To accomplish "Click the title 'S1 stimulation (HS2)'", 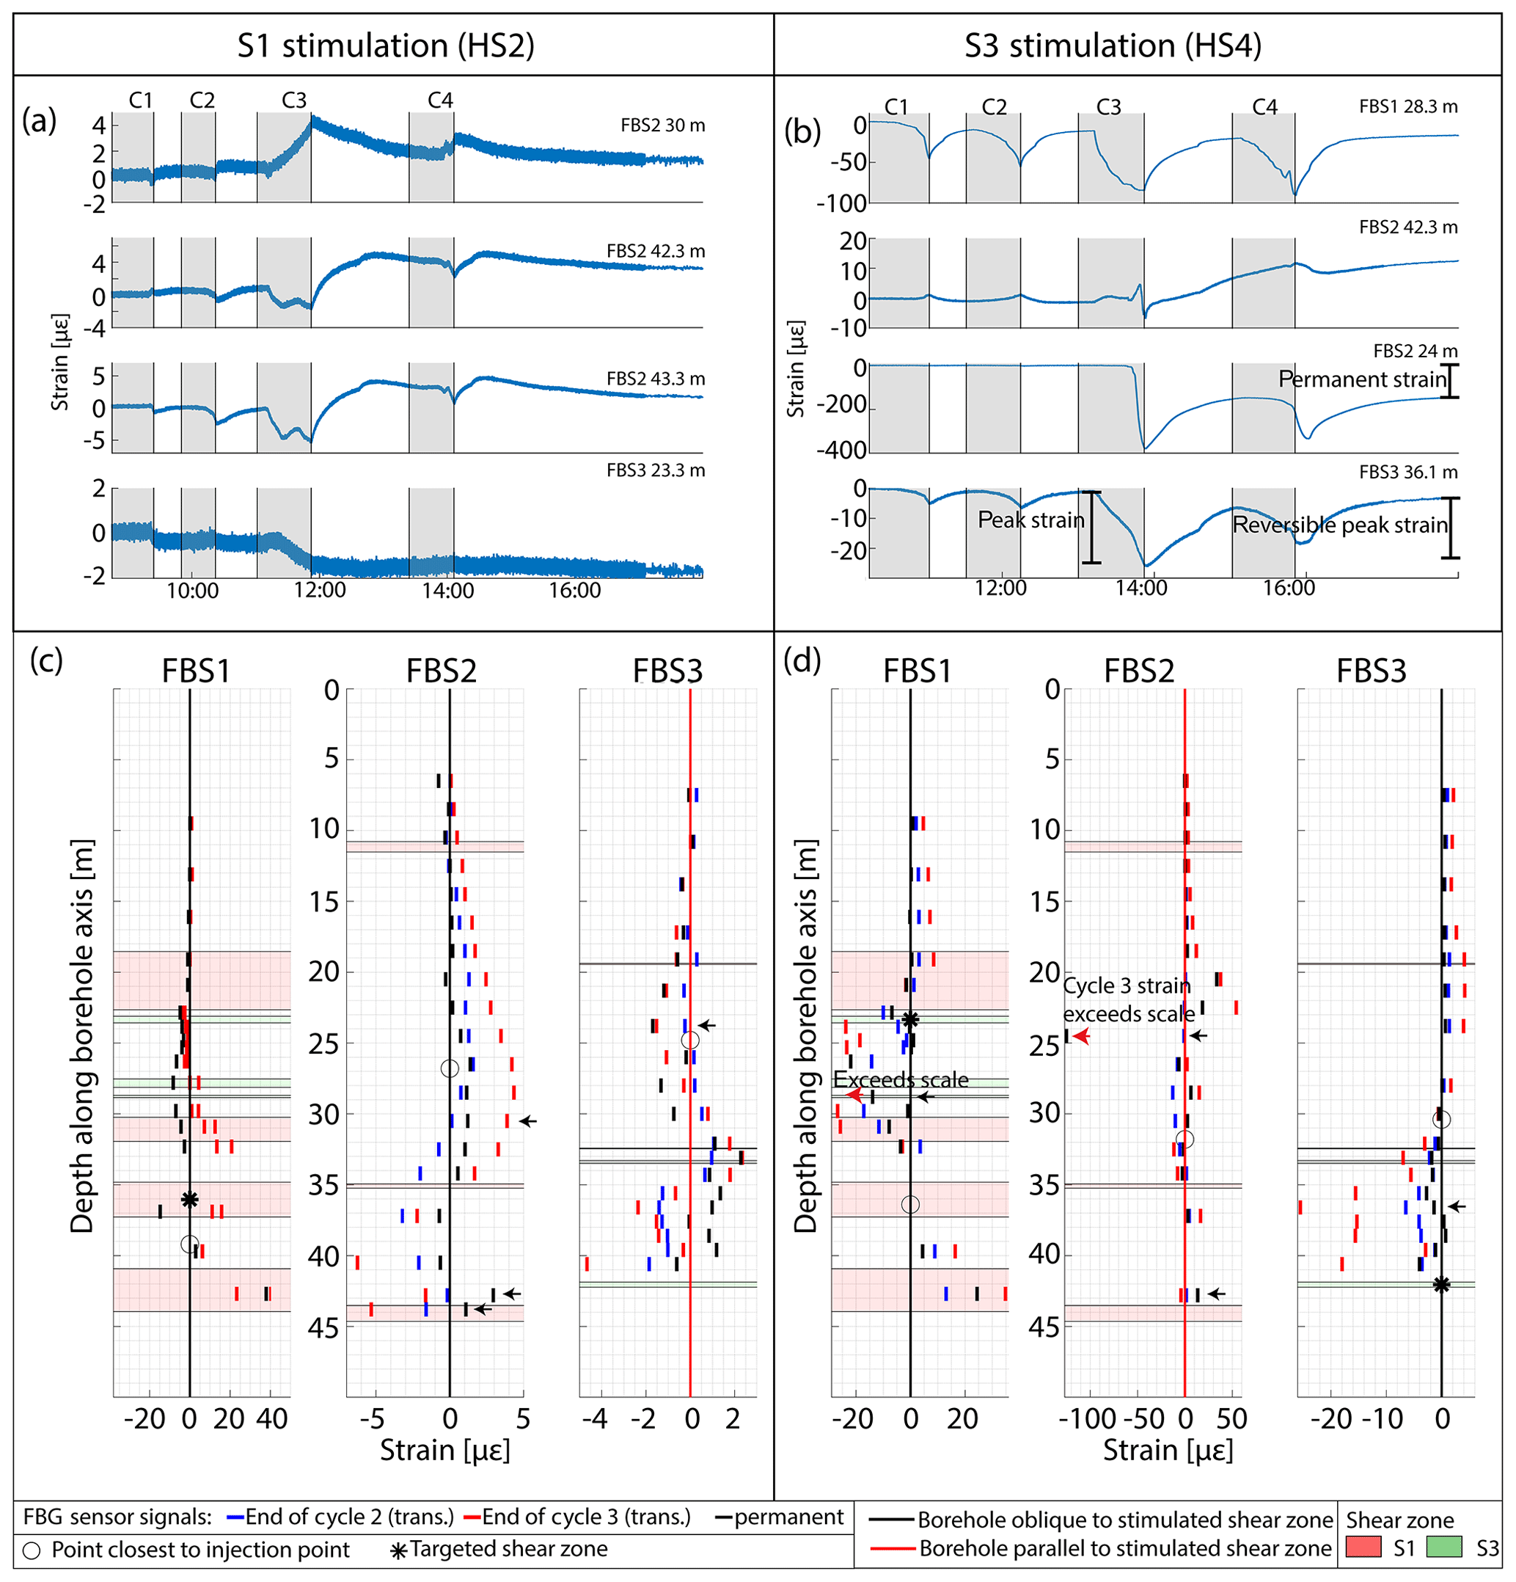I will click(386, 46).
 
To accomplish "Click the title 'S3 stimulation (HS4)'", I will click(1113, 46).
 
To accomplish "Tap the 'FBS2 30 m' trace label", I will click(662, 125).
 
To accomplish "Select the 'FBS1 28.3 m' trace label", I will click(1408, 106).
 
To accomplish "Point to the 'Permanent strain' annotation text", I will click(1363, 379).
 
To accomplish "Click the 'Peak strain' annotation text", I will click(1030, 520).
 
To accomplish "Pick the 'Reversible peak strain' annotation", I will click(1340, 525).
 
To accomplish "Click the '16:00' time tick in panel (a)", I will click(574, 591).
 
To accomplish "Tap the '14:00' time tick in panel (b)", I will click(1140, 588).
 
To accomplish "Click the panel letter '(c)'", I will click(46, 660).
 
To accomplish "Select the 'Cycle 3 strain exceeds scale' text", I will click(1128, 999).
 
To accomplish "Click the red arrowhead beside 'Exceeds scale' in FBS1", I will click(854, 1096).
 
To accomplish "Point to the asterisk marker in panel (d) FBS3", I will click(1441, 1284).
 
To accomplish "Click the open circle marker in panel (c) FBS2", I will click(450, 1068).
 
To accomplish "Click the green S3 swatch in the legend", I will click(1444, 1548).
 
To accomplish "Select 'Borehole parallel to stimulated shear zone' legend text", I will click(1124, 1548).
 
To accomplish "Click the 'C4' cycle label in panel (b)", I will click(1264, 106).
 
